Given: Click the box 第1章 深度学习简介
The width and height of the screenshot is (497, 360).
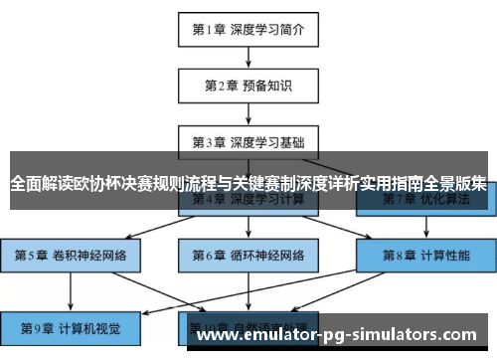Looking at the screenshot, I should tap(248, 29).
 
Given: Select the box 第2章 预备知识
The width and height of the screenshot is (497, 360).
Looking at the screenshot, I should tap(248, 85).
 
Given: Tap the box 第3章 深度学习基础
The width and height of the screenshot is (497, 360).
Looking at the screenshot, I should tap(248, 140).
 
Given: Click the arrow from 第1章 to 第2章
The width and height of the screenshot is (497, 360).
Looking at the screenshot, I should tap(248, 57).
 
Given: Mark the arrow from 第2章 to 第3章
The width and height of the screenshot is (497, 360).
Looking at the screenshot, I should tap(248, 112).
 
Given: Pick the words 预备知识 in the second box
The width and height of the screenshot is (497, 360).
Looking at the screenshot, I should tap(265, 85).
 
